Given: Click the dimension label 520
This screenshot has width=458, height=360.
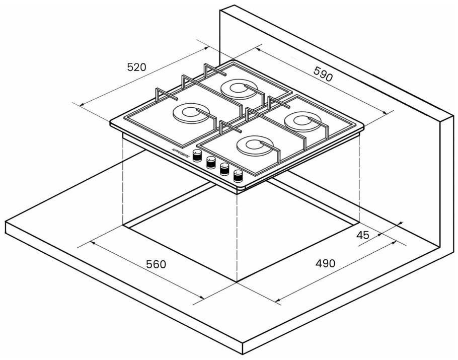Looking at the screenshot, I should pyautogui.click(x=136, y=67).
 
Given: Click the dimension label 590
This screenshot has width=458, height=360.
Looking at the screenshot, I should pyautogui.click(x=323, y=75).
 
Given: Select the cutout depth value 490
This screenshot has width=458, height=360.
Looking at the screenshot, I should pyautogui.click(x=325, y=263).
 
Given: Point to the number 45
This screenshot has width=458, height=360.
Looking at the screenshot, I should pyautogui.click(x=362, y=235).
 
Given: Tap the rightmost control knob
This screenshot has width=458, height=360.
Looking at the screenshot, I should pyautogui.click(x=238, y=176).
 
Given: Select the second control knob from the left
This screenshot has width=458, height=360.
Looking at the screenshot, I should pyautogui.click(x=211, y=162).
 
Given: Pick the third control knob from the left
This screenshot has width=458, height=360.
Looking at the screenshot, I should pyautogui.click(x=224, y=169).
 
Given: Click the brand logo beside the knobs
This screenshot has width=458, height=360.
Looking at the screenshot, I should pyautogui.click(x=180, y=153).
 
